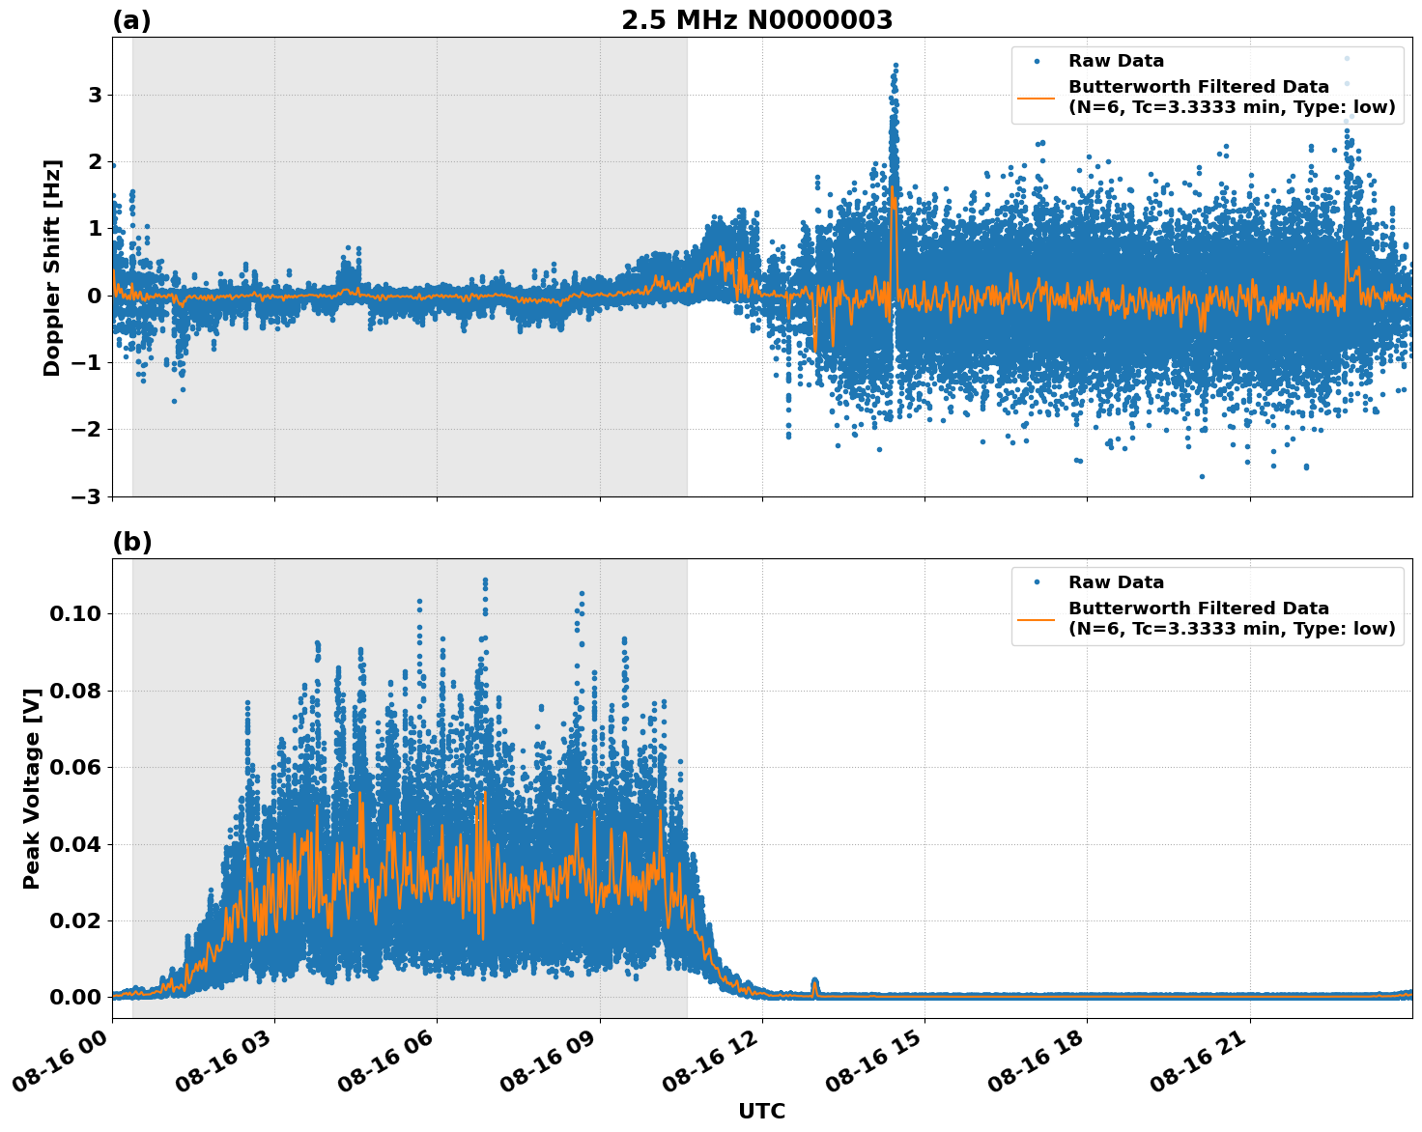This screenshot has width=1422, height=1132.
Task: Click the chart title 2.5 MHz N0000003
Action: [x=756, y=20]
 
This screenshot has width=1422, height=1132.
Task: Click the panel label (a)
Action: [x=131, y=20]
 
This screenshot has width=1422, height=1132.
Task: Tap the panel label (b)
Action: [x=131, y=542]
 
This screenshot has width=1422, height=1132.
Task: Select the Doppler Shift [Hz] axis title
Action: [x=52, y=268]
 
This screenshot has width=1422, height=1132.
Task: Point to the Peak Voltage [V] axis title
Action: [x=32, y=788]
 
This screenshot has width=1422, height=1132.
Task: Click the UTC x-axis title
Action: [x=761, y=1111]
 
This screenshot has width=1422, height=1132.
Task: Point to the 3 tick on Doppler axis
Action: [x=95, y=95]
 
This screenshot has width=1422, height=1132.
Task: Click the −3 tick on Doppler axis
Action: [x=87, y=496]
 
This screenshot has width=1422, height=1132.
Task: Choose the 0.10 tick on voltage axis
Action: [x=75, y=613]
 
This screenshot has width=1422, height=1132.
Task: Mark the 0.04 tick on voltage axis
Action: [x=75, y=844]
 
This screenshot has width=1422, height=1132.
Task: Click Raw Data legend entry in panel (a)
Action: [x=1116, y=61]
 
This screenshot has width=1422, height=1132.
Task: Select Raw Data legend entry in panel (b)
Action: [x=1116, y=582]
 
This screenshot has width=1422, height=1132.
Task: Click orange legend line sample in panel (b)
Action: [x=1037, y=618]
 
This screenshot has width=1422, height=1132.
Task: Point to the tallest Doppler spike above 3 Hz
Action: [x=896, y=68]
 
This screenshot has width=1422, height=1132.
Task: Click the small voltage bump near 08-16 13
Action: [x=814, y=985]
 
